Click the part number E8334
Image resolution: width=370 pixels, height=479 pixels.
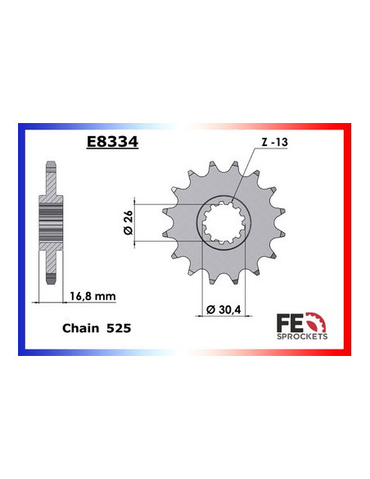tap(112, 142)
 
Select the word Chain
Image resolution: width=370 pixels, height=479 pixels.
tap(80, 327)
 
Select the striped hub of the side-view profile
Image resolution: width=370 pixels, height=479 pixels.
tap(50, 222)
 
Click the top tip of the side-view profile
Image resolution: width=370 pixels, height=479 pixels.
tap(50, 163)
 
